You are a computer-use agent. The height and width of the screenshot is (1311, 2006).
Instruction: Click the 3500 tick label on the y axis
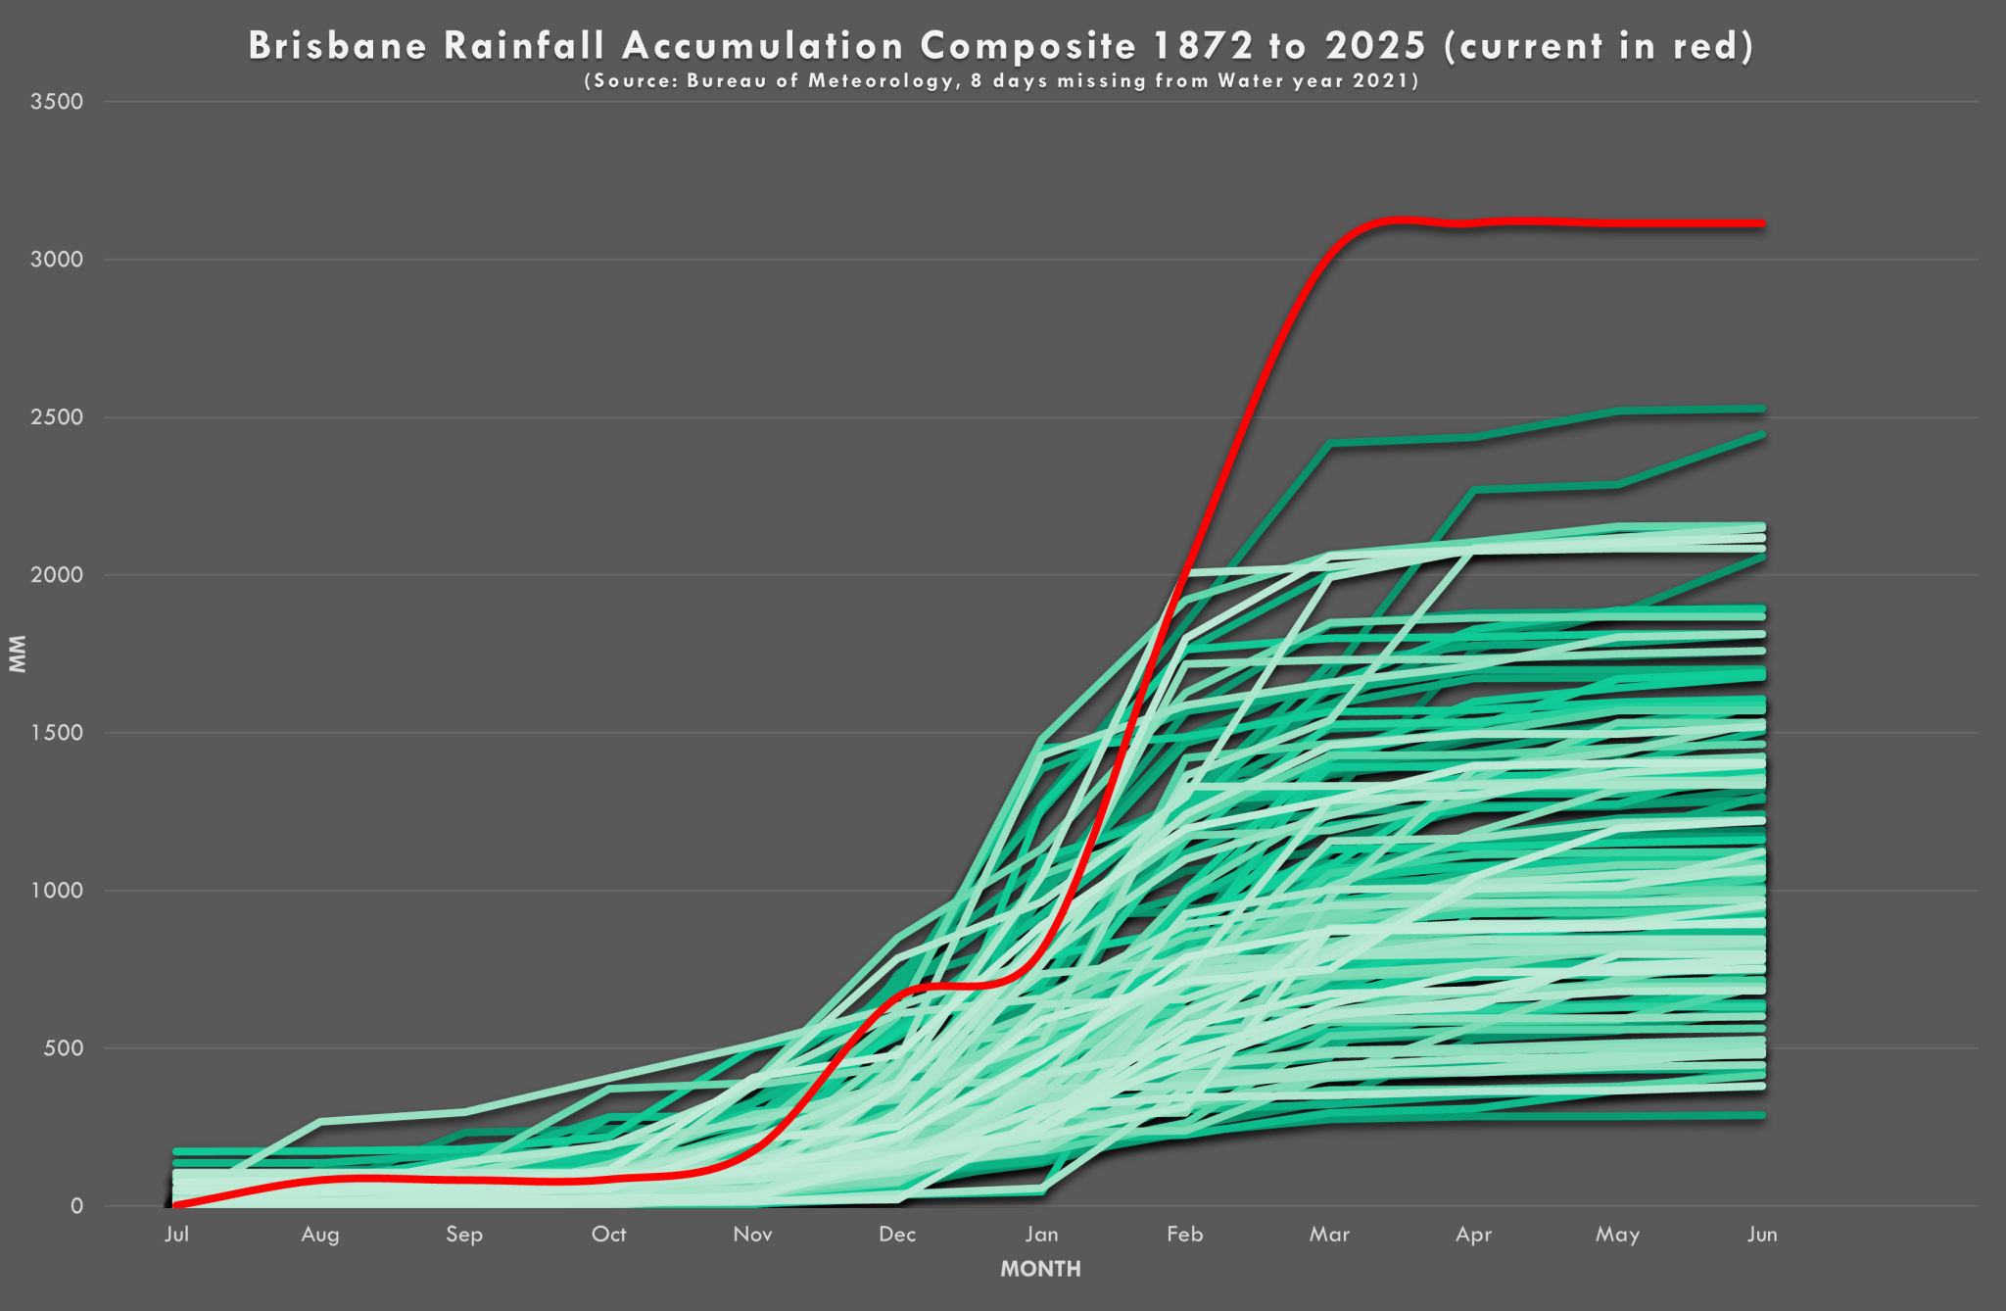click(57, 102)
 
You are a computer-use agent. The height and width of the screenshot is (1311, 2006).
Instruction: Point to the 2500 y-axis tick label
click(57, 417)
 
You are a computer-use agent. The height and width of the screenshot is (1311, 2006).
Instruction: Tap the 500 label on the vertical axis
click(63, 1048)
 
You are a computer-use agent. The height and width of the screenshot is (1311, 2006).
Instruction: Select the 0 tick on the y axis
click(76, 1206)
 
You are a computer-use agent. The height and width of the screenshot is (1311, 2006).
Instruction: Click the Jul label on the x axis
click(176, 1234)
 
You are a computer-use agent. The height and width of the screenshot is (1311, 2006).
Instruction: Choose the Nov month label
click(752, 1234)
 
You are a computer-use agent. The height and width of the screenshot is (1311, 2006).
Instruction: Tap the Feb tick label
click(1184, 1234)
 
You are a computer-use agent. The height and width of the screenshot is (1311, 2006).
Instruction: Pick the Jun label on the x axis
click(1762, 1234)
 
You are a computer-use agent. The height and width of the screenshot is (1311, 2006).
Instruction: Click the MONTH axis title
click(1040, 1269)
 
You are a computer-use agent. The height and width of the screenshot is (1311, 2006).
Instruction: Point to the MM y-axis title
click(18, 654)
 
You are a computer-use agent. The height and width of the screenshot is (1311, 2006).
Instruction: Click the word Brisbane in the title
click(338, 46)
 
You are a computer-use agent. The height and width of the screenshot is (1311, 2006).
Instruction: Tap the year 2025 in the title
click(1375, 46)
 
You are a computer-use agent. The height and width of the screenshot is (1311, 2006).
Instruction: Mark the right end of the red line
click(1762, 223)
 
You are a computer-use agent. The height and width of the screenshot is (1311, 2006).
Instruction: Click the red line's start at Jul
click(176, 1205)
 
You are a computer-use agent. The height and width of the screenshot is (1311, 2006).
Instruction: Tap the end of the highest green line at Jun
click(1762, 409)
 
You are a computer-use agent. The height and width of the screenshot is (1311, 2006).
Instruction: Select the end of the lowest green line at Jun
click(1762, 1115)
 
